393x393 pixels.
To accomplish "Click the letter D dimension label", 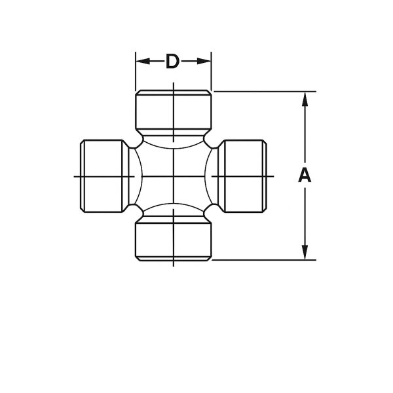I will tap(173, 62).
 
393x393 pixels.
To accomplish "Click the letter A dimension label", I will tap(304, 176).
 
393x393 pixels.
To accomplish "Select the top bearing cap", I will tap(173, 111).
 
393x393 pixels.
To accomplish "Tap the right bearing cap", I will tap(243, 176).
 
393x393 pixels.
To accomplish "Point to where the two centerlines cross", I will tap(173, 176).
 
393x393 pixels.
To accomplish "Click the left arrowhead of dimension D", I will tap(140, 62).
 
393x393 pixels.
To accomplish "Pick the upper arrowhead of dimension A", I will tap(304, 98).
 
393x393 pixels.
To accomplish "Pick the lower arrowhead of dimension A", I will tap(304, 252).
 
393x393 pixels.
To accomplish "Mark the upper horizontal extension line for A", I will tap(262, 91).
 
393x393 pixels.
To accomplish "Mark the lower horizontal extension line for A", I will tap(262, 259).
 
